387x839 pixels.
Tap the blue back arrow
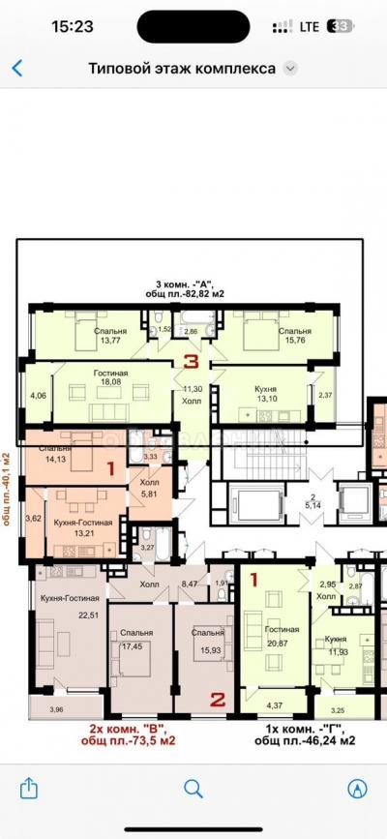[16, 69]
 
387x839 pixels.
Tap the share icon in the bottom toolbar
[29, 787]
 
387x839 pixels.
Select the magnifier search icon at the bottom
[193, 787]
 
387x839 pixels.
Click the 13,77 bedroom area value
[110, 341]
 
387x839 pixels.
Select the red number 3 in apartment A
[193, 363]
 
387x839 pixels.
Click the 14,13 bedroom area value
[54, 460]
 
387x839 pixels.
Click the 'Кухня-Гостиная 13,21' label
[82, 527]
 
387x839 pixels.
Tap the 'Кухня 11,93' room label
[337, 644]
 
